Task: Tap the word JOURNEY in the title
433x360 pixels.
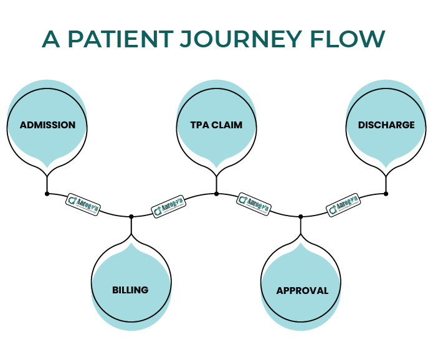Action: (x=242, y=39)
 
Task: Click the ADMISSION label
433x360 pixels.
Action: (x=47, y=125)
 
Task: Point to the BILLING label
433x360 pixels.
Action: (x=130, y=290)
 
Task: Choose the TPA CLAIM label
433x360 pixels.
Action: (x=216, y=125)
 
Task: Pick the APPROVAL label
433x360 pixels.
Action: (x=302, y=291)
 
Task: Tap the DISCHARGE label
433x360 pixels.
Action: (x=386, y=125)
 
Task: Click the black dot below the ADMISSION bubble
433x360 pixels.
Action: (x=47, y=194)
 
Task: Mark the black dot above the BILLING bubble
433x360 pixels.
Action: (x=131, y=217)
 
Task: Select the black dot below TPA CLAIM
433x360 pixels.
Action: (x=216, y=194)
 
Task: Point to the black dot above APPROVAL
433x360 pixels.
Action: (x=301, y=217)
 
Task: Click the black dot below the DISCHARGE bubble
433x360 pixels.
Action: (x=386, y=194)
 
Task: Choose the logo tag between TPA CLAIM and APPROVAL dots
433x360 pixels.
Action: (x=253, y=203)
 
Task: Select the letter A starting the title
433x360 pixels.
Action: (x=51, y=39)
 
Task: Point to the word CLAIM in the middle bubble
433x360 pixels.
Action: (x=228, y=125)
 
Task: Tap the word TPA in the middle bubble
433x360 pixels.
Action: (x=199, y=125)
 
